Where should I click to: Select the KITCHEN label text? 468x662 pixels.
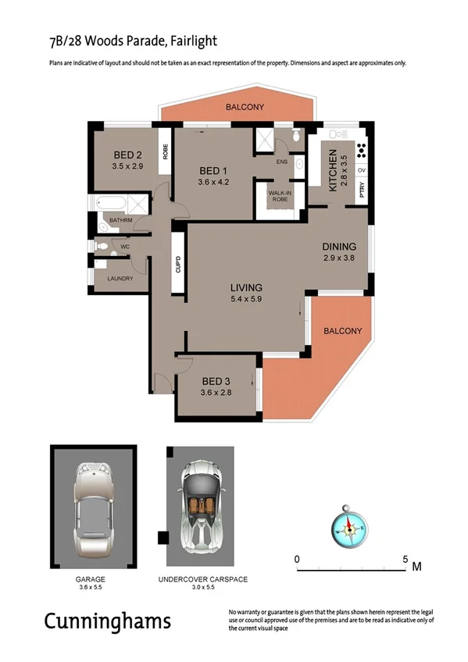pyautogui.click(x=332, y=170)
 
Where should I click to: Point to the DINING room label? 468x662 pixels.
pyautogui.click(x=339, y=246)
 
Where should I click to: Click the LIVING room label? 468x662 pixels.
pyautogui.click(x=245, y=287)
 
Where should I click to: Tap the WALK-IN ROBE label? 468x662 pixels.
pyautogui.click(x=280, y=195)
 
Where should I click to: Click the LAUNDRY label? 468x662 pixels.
pyautogui.click(x=120, y=278)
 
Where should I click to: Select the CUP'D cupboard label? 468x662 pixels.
pyautogui.click(x=178, y=265)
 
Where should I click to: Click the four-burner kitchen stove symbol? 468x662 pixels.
pyautogui.click(x=362, y=151)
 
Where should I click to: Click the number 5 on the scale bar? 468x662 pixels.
pyautogui.click(x=405, y=559)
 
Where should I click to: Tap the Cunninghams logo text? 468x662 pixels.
pyautogui.click(x=106, y=622)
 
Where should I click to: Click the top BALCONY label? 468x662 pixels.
pyautogui.click(x=245, y=107)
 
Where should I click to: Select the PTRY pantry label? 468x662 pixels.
pyautogui.click(x=362, y=189)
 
